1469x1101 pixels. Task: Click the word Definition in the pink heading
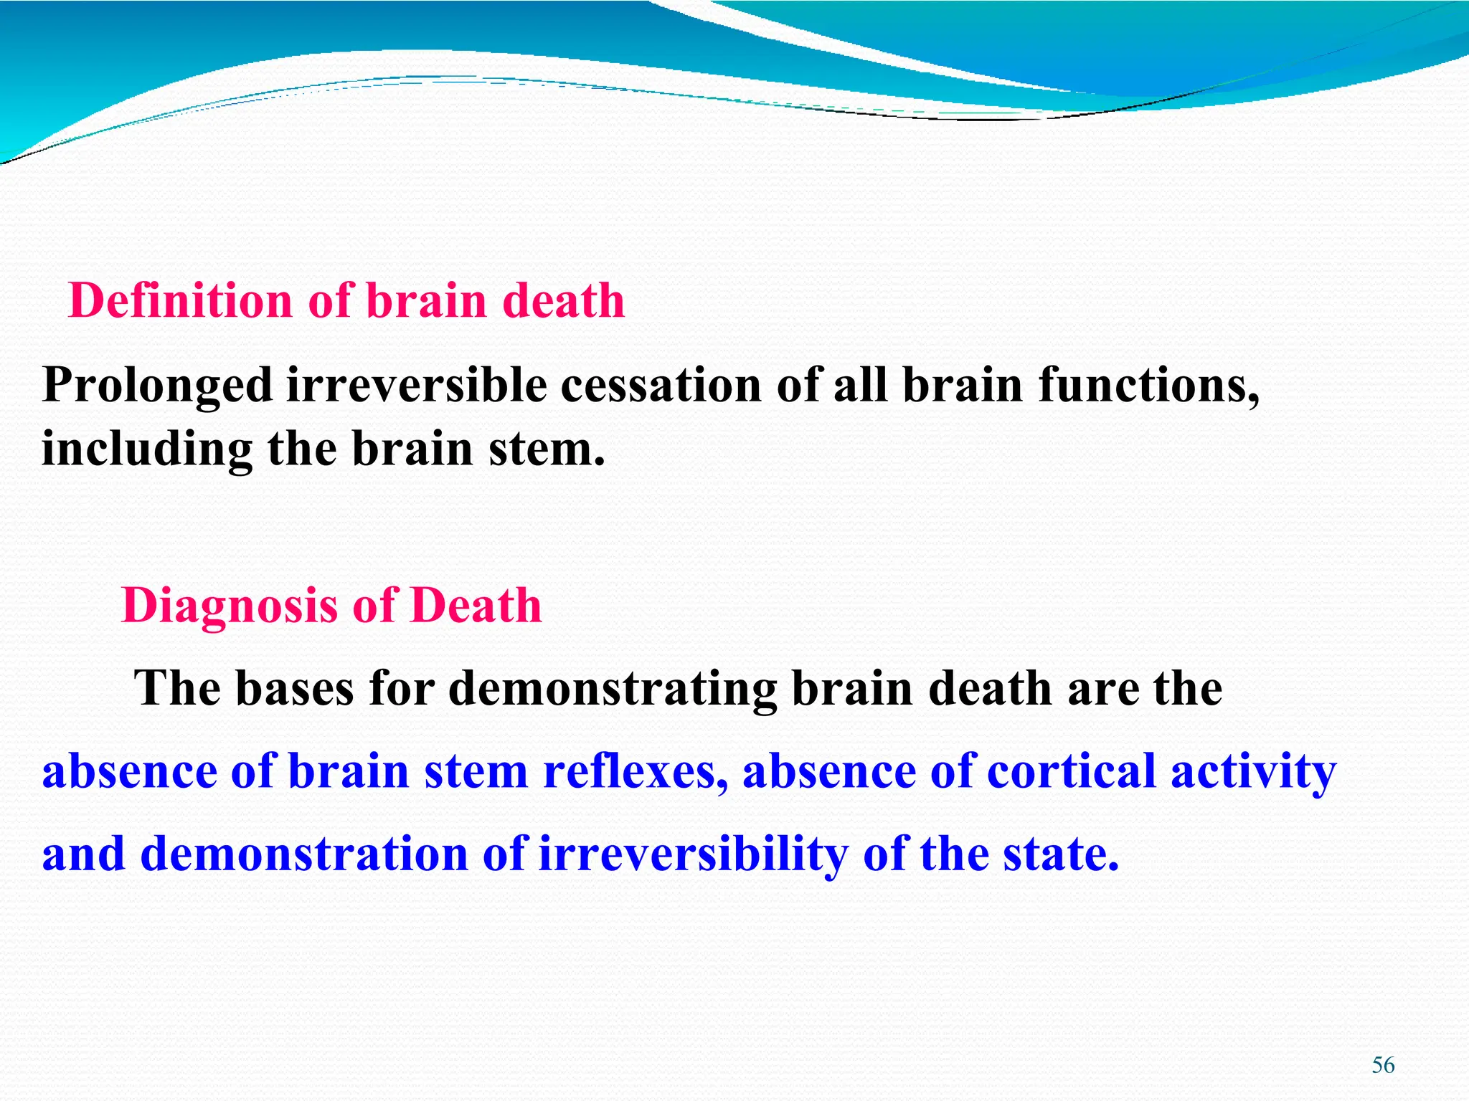coord(179,300)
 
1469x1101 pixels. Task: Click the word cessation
coord(660,386)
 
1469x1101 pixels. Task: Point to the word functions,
coord(1148,386)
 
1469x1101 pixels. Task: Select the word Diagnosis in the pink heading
coord(230,606)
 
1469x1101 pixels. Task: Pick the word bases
coord(295,689)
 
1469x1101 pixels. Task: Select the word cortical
coord(1072,772)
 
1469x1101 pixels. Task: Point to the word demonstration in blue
coord(304,854)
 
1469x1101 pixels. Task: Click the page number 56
coord(1383,1066)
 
